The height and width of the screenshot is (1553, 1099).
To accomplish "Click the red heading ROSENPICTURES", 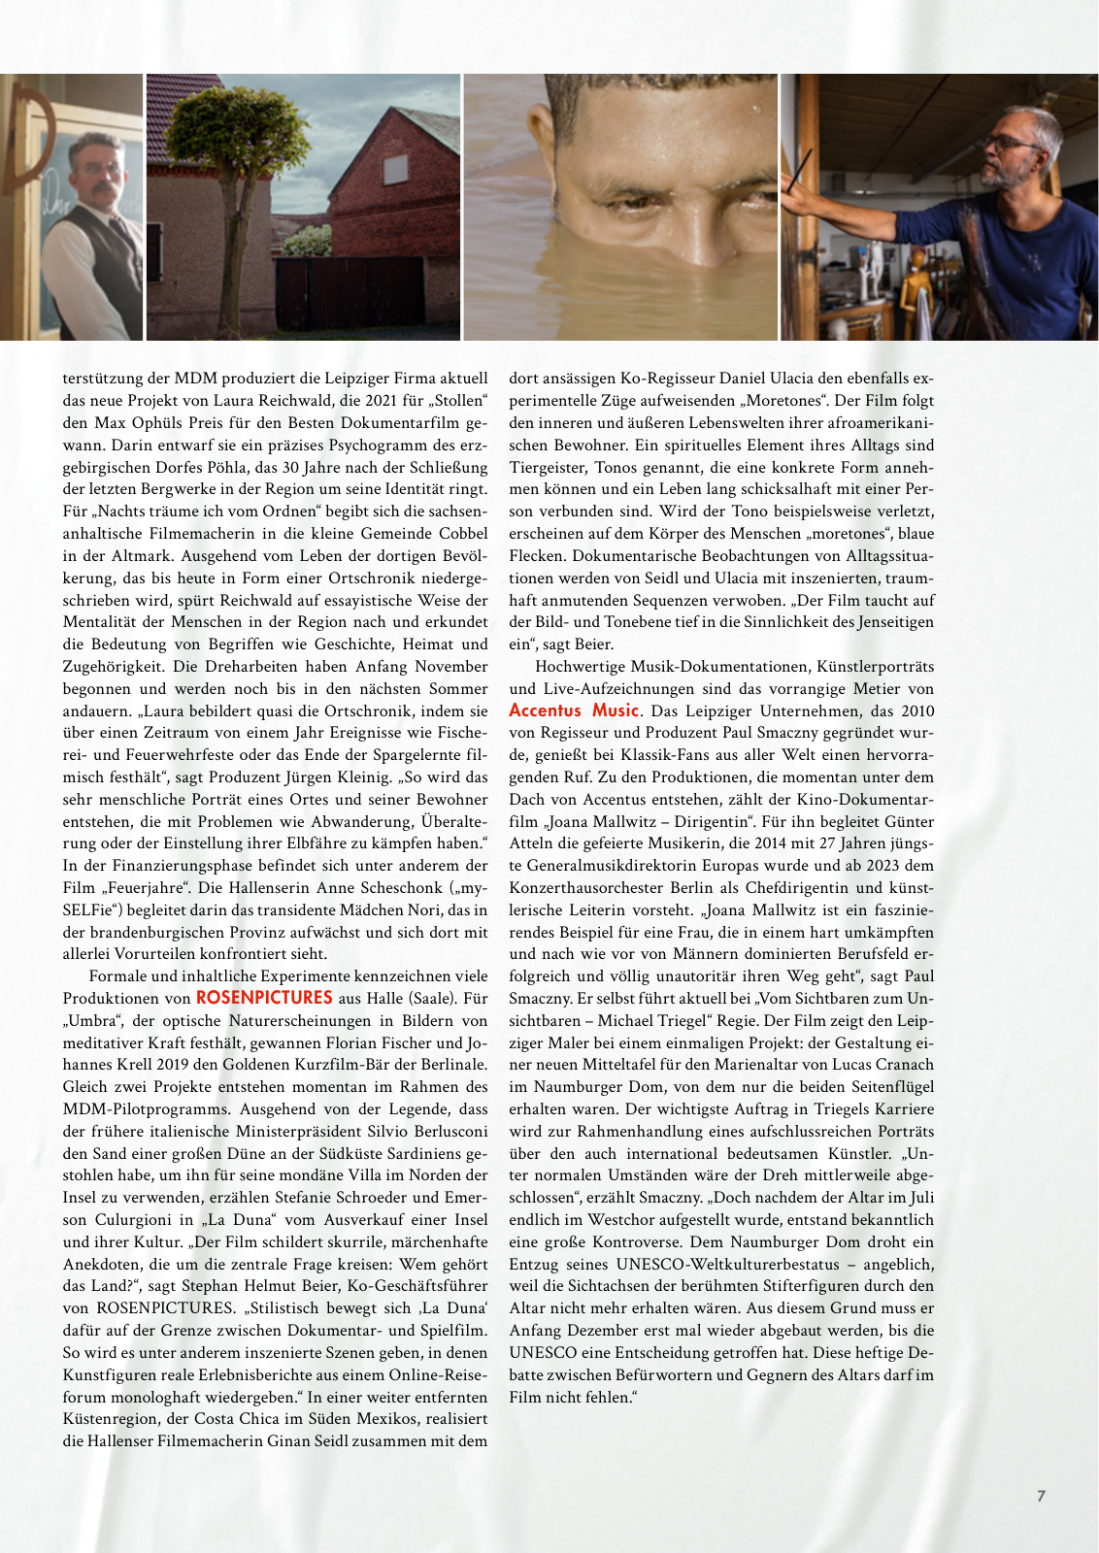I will (x=264, y=998).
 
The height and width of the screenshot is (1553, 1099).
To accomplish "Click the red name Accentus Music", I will (x=574, y=710).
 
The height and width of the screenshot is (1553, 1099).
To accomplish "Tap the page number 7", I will (x=1041, y=1496).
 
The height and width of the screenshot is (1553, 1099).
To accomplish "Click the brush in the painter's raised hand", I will (x=801, y=171).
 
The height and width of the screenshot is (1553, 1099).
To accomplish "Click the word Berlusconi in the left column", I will (x=442, y=1131).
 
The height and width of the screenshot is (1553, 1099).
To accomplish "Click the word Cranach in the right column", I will (x=902, y=1065).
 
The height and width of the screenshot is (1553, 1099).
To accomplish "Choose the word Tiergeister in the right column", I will (x=548, y=467).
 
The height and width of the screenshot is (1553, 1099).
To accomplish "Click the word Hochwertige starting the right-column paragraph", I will (x=579, y=666).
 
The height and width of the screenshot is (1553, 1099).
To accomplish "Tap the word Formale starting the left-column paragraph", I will (x=117, y=975).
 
